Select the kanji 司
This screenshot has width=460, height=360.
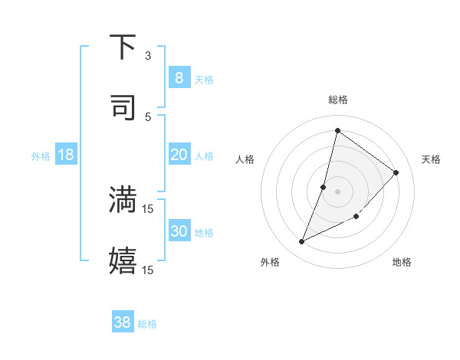tap(123, 106)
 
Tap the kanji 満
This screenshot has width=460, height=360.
tap(123, 199)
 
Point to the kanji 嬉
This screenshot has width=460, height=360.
tap(123, 260)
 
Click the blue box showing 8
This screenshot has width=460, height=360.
tap(179, 77)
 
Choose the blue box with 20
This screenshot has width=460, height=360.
tap(179, 155)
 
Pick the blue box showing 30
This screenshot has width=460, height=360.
tap(179, 231)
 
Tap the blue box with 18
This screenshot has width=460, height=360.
tap(66, 155)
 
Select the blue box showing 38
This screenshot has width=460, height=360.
tap(123, 322)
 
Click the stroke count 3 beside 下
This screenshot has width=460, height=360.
tap(148, 56)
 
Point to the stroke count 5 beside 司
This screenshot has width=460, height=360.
tap(148, 116)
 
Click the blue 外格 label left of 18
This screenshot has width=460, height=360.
tap(41, 155)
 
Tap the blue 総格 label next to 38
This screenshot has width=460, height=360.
tap(147, 324)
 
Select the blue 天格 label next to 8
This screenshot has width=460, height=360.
tap(203, 79)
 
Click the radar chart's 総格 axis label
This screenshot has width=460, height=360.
tap(337, 100)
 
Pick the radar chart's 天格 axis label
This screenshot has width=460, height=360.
tap(431, 159)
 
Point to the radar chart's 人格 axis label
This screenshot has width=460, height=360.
tap(245, 159)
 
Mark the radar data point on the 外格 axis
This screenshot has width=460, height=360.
tap(302, 242)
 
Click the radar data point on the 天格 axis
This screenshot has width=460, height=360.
tap(396, 172)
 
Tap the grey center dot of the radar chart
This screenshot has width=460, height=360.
tap(337, 191)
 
